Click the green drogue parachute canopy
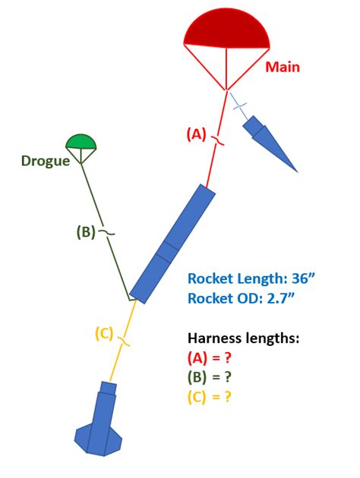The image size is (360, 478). point(81,142)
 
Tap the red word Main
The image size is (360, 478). point(283,68)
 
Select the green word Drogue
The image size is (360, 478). point(45,160)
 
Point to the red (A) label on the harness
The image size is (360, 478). point(196,134)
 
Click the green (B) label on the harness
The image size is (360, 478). point(86,232)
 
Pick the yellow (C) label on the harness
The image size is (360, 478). point(104,332)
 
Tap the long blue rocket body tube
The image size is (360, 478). point(173,244)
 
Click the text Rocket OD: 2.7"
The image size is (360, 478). point(241,299)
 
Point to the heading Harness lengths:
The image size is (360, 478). point(242,338)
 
